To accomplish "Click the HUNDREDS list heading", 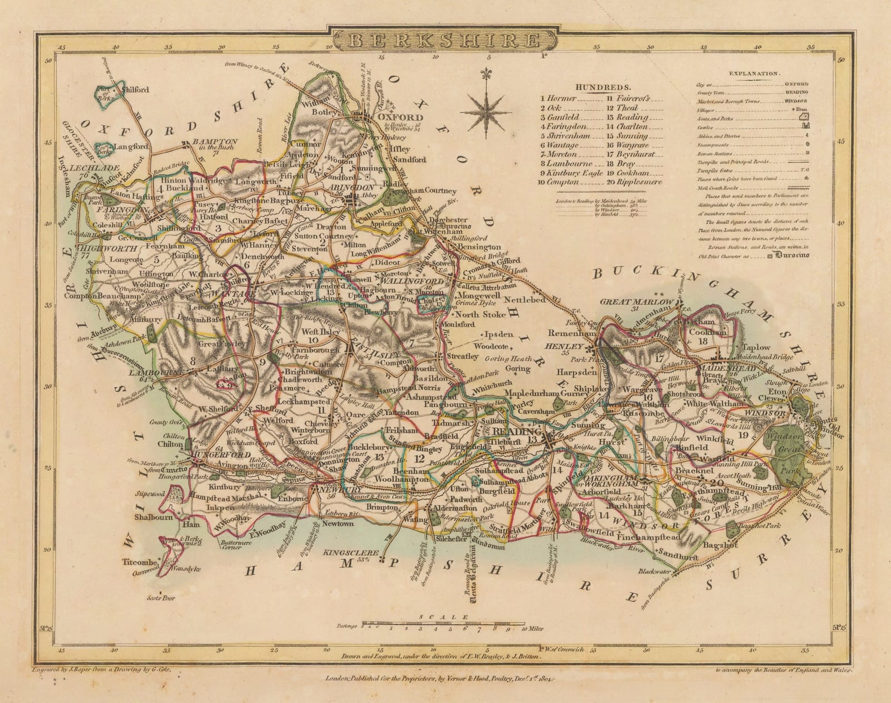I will pos(604,87).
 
